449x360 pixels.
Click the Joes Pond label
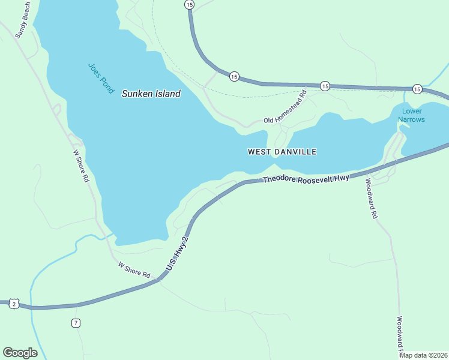100,79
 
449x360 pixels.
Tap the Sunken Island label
151,94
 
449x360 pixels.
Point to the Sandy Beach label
23,20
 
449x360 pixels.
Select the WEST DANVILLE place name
282,152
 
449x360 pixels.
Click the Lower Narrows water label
412,115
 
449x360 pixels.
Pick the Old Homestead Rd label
286,107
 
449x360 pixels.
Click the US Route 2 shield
14,305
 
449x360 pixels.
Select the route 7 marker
76,323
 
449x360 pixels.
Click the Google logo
20,353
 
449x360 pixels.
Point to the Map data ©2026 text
423,355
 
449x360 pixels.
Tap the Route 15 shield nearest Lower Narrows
417,89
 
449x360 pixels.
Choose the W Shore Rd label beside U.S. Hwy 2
134,269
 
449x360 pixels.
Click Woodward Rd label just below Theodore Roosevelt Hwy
371,199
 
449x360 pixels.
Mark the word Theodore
278,179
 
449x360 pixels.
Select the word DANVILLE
295,152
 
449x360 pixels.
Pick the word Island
168,94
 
